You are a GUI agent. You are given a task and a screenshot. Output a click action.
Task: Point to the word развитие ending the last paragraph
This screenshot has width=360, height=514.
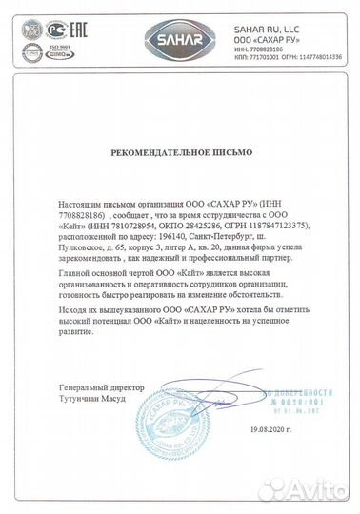point(75,332)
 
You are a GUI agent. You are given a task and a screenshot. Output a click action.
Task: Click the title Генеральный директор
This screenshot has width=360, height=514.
point(99,388)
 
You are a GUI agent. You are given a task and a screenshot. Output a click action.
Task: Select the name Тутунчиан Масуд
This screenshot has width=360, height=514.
point(91,400)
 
